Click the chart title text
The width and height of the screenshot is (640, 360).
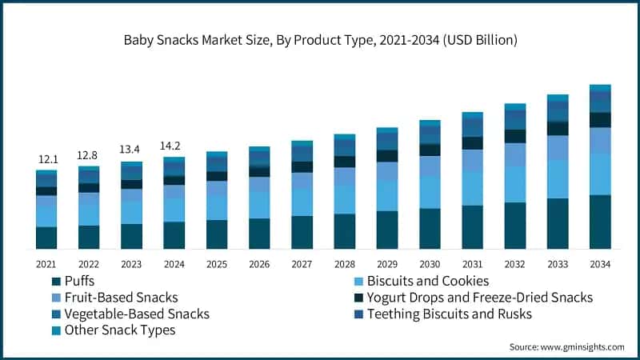(319, 41)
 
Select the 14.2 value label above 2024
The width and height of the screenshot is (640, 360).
(174, 146)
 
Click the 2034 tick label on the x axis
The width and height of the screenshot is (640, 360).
(600, 264)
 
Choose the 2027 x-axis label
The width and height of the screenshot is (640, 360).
(302, 264)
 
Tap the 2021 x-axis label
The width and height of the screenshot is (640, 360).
(46, 264)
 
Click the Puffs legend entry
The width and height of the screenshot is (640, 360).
(80, 282)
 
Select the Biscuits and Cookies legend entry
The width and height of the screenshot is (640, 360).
(432, 282)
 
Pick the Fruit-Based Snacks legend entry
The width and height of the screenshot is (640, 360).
(120, 298)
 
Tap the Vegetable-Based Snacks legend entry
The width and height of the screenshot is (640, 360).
(136, 314)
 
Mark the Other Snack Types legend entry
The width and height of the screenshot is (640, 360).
(119, 330)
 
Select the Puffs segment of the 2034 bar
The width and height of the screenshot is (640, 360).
(600, 222)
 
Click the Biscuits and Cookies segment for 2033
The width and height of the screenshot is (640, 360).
(558, 178)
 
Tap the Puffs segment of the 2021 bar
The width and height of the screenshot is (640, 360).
(46, 238)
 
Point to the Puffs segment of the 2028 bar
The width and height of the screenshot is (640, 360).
(344, 231)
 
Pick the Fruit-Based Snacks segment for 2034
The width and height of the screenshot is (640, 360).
(600, 141)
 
